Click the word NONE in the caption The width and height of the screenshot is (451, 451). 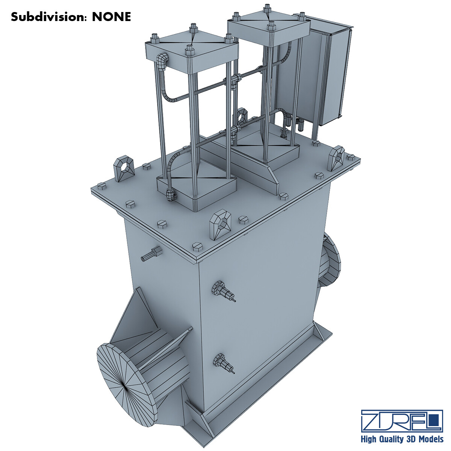(112, 17)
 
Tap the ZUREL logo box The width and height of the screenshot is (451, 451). (401, 421)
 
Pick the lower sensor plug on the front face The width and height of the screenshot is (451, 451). (222, 363)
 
